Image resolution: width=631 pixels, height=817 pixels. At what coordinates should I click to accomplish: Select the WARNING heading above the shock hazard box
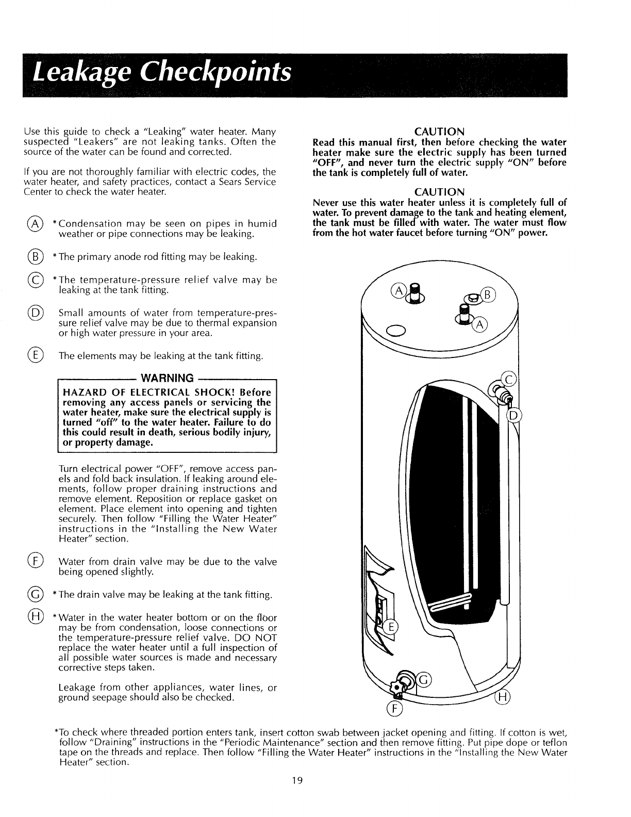click(x=167, y=378)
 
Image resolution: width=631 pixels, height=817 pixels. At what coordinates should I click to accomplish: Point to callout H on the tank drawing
click(x=501, y=698)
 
